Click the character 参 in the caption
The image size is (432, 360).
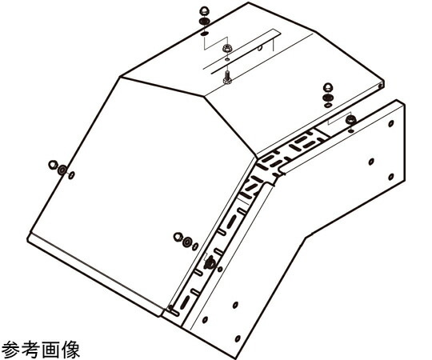pos(10,350)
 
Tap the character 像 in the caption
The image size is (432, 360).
pos(71,350)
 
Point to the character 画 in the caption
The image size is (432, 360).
pos(50,350)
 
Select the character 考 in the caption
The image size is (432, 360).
pos(30,350)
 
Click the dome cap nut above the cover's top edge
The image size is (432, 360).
pos(204,12)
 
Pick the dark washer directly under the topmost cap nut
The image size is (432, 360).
pos(204,22)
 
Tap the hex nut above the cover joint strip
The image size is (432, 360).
pos(227,49)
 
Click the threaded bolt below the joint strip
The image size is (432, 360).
pos(227,77)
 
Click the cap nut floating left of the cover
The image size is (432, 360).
pos(52,165)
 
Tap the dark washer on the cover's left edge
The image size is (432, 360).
pos(62,170)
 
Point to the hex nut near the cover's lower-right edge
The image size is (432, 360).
pos(178,237)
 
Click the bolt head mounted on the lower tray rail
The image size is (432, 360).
pos(210,262)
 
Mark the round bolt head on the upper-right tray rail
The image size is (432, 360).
pos(350,119)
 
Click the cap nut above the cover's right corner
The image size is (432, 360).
pos(328,88)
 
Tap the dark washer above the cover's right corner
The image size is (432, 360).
pos(328,98)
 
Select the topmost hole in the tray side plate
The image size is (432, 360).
pos(390,124)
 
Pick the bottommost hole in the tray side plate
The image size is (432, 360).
pos(238,338)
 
